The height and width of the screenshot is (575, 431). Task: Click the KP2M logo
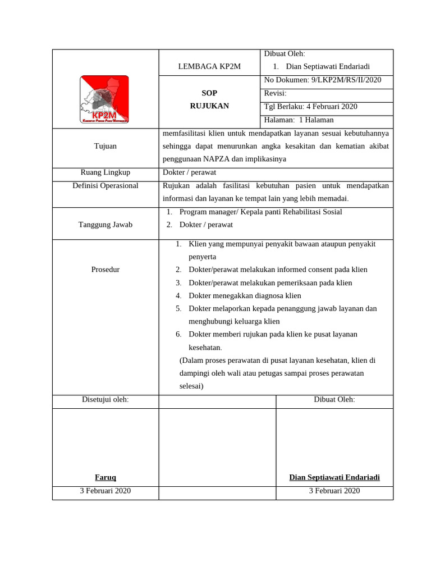(x=104, y=99)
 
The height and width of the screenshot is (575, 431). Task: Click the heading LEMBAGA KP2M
(x=209, y=66)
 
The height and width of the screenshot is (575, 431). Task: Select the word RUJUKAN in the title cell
(x=209, y=106)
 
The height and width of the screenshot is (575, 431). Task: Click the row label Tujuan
(x=106, y=146)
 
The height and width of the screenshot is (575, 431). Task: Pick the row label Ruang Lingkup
(x=106, y=172)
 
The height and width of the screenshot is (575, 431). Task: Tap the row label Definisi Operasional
(x=106, y=186)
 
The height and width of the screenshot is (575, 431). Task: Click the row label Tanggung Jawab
(x=106, y=225)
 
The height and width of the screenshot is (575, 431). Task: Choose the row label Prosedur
(x=106, y=270)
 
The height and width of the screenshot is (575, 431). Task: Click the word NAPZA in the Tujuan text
(x=219, y=159)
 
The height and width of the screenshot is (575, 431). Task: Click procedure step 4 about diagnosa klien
(x=245, y=295)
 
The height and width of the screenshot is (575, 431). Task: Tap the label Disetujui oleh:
(x=106, y=399)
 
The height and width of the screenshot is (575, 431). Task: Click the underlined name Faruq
(x=106, y=477)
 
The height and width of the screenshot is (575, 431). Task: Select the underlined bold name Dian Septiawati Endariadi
(x=334, y=477)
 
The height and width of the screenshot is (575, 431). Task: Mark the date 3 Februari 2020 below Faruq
(x=106, y=491)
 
